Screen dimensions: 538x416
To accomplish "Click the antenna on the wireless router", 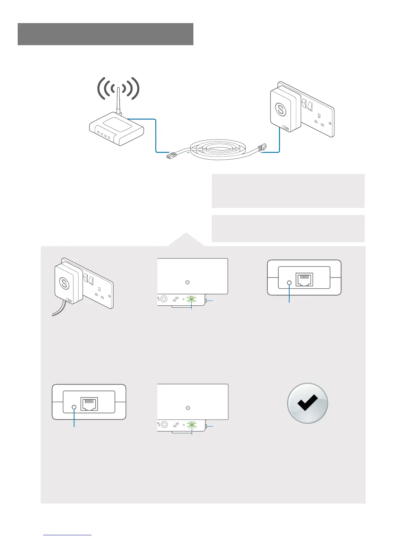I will [x=118, y=100].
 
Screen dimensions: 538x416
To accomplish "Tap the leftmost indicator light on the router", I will [x=98, y=133].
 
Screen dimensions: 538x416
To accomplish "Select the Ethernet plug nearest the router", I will [x=173, y=156].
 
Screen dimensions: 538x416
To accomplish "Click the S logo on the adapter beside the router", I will [x=281, y=109].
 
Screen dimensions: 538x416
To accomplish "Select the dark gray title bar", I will [x=105, y=34].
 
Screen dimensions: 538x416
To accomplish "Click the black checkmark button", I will [x=308, y=403].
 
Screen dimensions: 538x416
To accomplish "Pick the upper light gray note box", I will [x=288, y=191].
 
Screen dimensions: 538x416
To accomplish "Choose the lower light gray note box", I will [x=288, y=228].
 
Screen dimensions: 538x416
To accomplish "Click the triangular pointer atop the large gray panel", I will [x=186, y=239].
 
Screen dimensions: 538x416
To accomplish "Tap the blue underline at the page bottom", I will [x=68, y=535].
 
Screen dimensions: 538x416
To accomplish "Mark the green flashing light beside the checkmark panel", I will [x=192, y=425].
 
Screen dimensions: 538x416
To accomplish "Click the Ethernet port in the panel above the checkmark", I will [x=305, y=280].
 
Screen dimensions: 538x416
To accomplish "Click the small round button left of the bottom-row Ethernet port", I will [x=74, y=407].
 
